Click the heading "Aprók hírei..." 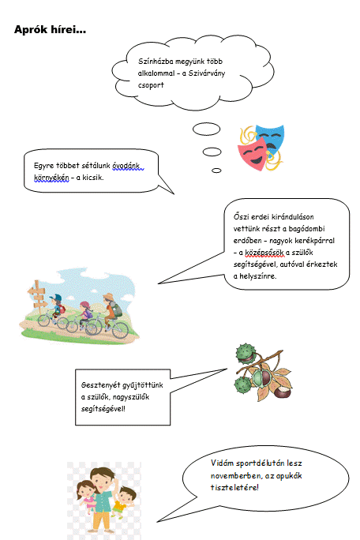point(50,30)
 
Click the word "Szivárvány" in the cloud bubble point(206,73)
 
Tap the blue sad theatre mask point(272,137)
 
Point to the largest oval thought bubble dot point(206,129)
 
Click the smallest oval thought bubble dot point(216,171)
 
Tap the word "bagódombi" point(306,229)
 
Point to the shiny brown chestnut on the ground point(283,392)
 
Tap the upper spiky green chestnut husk point(246,352)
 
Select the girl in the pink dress point(86,497)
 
